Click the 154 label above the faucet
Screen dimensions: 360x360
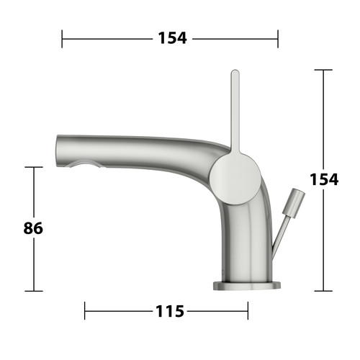[172, 38]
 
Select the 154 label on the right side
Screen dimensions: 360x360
[324, 179]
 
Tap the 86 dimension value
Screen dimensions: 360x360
[33, 228]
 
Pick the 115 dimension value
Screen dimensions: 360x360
[170, 311]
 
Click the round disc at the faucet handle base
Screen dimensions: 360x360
[235, 179]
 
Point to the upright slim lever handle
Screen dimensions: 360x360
[235, 112]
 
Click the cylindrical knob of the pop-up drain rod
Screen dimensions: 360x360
[294, 203]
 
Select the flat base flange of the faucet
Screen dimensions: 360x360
[247, 285]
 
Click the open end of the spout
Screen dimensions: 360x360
[58, 151]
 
